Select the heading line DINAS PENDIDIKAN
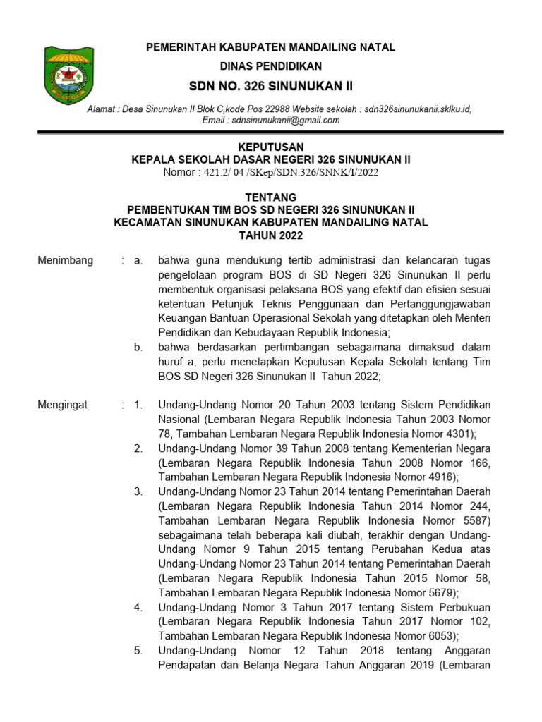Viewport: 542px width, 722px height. click(x=270, y=66)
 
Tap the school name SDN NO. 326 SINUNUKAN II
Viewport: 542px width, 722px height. click(x=270, y=86)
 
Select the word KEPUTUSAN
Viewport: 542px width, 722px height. click(x=270, y=147)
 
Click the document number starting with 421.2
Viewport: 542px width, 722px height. click(x=270, y=172)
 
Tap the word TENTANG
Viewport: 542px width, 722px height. click(x=270, y=197)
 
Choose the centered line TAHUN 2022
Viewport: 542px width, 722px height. click(x=270, y=235)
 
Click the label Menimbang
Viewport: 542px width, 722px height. click(x=65, y=261)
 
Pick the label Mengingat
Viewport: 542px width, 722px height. click(x=63, y=405)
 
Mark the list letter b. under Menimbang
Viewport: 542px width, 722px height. click(x=138, y=348)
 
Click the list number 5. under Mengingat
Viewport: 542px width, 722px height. click(x=138, y=650)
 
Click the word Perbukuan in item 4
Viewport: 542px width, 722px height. click(x=462, y=607)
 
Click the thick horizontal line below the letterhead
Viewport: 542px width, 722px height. click(x=270, y=132)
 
